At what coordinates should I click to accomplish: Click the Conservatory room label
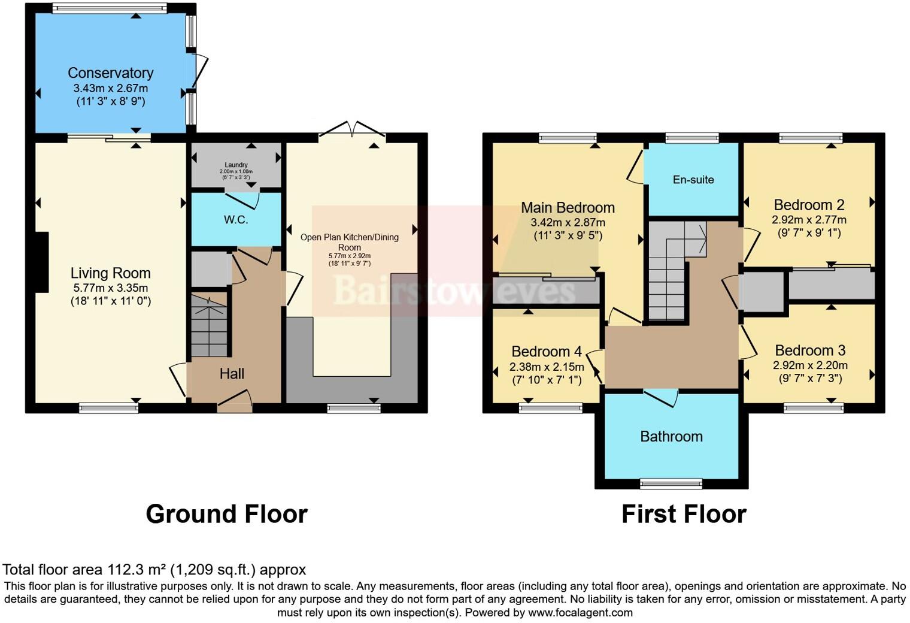110,73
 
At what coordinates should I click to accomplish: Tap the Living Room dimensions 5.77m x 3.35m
110,288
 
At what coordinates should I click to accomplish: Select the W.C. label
236,220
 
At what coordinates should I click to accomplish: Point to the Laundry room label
236,165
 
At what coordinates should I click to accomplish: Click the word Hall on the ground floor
232,374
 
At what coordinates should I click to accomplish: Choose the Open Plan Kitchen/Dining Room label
349,242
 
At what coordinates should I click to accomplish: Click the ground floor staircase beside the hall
209,326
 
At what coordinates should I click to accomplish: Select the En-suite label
693,180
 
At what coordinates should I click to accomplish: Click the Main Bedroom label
568,208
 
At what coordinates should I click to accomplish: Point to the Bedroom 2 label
809,205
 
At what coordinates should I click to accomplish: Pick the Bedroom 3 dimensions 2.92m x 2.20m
810,365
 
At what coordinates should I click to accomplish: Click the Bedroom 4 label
546,352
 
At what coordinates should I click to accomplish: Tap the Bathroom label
671,437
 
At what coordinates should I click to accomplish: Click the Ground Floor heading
226,514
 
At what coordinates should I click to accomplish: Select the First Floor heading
684,514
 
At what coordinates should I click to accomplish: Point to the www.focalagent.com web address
580,612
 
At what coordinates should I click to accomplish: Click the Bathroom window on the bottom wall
671,483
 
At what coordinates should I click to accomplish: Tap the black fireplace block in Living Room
41,262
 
